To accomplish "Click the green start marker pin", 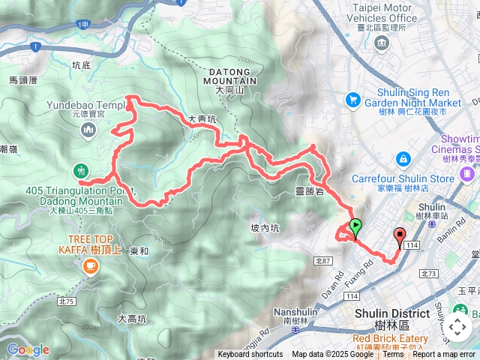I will (x=355, y=224).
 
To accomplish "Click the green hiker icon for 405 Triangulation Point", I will (x=82, y=171).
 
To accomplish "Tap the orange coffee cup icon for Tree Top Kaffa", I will (x=90, y=265).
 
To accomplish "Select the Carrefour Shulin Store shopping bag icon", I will (x=403, y=158).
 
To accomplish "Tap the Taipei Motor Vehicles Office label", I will (x=384, y=13).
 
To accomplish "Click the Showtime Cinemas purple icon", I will (x=468, y=174).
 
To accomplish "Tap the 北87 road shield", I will (x=323, y=260).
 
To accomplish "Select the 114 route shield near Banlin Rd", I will (x=412, y=245).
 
